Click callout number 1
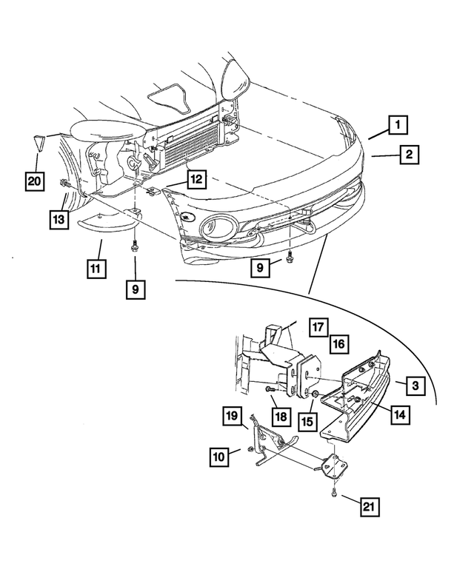pos(398,125)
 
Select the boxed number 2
pos(408,155)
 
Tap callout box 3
pos(415,386)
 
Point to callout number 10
pos(218,457)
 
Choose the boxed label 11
pos(95,269)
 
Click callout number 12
pos(196,179)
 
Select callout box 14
pos(398,415)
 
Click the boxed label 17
pos(318,326)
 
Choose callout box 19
pos(232,415)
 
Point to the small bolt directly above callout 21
pos(335,489)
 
